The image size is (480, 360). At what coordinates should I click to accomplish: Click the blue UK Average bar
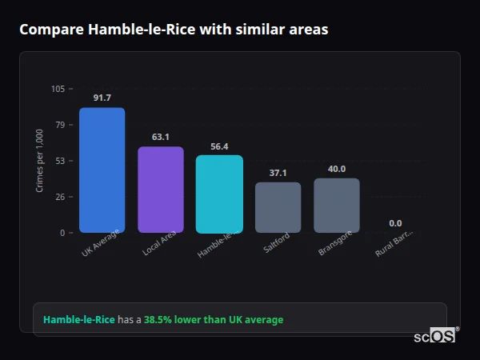click(102, 170)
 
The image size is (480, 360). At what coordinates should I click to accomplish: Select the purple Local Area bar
click(161, 190)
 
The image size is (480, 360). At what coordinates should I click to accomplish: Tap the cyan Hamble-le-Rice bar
click(219, 194)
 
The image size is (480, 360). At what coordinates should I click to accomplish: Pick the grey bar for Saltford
click(278, 207)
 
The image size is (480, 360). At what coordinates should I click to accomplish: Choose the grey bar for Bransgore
click(337, 205)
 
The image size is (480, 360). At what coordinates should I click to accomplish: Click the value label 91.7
click(102, 98)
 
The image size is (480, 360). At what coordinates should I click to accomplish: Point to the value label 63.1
click(161, 137)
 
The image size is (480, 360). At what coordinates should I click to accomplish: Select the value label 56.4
click(219, 146)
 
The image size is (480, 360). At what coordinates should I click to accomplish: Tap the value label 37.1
click(278, 173)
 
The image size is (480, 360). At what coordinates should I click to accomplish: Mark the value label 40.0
click(337, 169)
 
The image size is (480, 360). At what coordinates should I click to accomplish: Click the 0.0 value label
click(395, 223)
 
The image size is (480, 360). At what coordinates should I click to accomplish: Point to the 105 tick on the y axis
click(58, 89)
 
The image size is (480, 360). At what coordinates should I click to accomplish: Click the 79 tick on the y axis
click(60, 125)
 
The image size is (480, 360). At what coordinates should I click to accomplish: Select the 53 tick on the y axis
click(60, 161)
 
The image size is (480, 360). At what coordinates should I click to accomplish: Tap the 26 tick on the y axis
click(60, 197)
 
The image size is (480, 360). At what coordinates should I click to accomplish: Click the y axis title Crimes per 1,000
click(40, 161)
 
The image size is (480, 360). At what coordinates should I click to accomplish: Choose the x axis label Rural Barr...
click(394, 243)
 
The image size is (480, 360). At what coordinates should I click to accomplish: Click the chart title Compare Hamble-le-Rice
click(174, 29)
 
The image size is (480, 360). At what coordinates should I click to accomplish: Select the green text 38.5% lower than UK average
click(214, 320)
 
